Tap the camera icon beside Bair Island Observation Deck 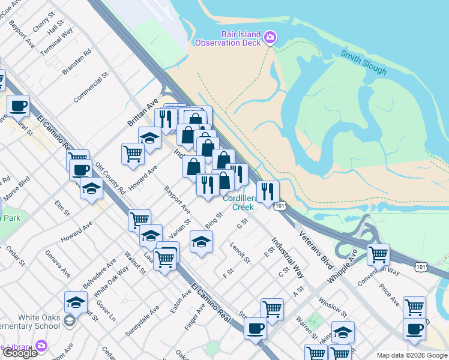coord(270,38)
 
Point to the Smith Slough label coord(364,62)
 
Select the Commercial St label coord(90,88)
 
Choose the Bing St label coord(214,220)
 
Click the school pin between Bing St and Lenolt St coord(201,242)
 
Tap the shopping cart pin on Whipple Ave coord(378,254)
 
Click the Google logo coord(20,353)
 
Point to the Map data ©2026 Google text coord(412,355)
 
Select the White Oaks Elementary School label coord(30,322)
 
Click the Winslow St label coord(333,306)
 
